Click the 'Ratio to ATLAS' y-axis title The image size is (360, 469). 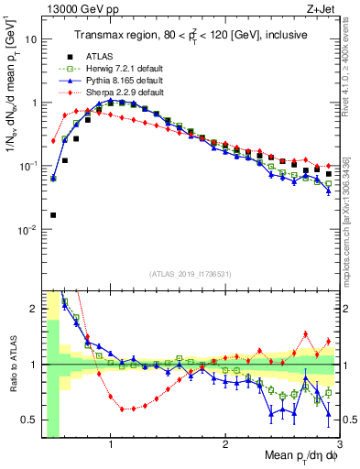point(12,365)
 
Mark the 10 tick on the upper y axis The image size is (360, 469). point(29,39)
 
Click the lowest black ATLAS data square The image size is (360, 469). point(53,215)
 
